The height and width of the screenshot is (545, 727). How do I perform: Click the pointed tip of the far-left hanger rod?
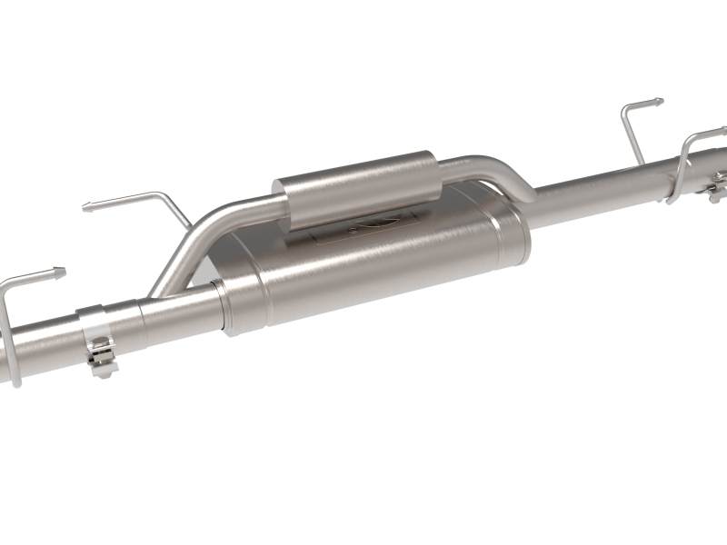pos(63,270)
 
